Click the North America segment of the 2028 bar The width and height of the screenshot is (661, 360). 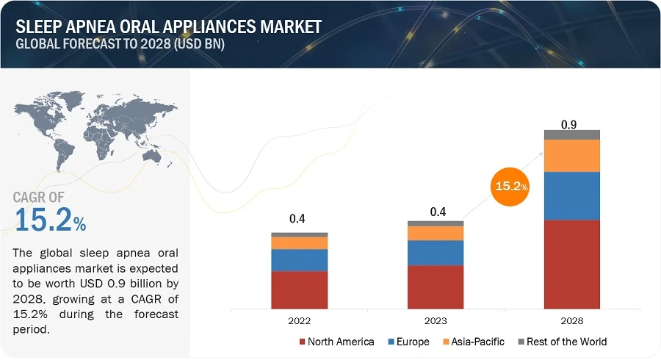tap(571, 264)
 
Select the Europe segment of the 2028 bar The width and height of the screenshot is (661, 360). tap(571, 195)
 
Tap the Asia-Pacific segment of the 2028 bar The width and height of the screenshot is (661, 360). tap(571, 155)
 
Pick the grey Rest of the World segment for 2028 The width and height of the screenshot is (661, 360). tap(571, 134)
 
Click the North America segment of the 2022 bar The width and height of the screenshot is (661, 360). tap(299, 290)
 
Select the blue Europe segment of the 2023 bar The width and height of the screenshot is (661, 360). tap(436, 253)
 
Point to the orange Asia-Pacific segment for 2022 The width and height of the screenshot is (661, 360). tap(299, 242)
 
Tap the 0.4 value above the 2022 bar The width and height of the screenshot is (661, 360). tap(297, 219)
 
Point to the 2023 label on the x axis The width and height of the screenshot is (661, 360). tap(436, 320)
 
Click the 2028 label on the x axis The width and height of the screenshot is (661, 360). tap(571, 320)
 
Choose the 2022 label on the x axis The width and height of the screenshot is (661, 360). tap(299, 320)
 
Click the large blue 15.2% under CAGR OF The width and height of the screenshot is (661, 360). tap(50, 220)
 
